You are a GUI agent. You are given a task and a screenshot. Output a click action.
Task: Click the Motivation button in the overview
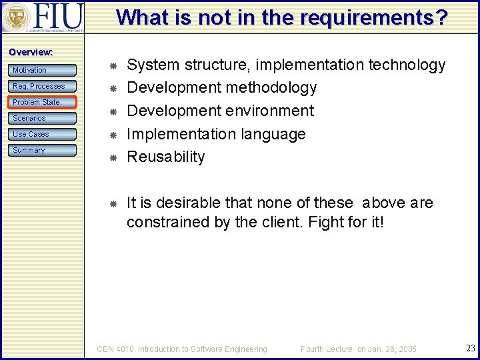[43, 70]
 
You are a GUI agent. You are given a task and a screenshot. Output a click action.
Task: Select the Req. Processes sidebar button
[43, 86]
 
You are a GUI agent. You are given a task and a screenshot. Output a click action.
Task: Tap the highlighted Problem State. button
[43, 102]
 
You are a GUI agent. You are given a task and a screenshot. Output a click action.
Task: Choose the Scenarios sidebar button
[43, 118]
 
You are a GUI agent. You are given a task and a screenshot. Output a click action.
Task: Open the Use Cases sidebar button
[43, 134]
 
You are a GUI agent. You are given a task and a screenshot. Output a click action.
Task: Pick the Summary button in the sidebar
[43, 150]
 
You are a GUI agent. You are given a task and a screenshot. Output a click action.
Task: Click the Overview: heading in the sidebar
[31, 52]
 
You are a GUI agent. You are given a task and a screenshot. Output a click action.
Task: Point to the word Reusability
[166, 157]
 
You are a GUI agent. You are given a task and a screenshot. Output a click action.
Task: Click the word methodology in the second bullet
[271, 87]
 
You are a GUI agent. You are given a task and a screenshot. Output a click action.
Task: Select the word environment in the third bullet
[269, 111]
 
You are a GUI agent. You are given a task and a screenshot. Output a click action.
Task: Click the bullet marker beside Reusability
[113, 157]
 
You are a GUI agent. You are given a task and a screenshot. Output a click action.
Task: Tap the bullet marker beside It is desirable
[113, 203]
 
